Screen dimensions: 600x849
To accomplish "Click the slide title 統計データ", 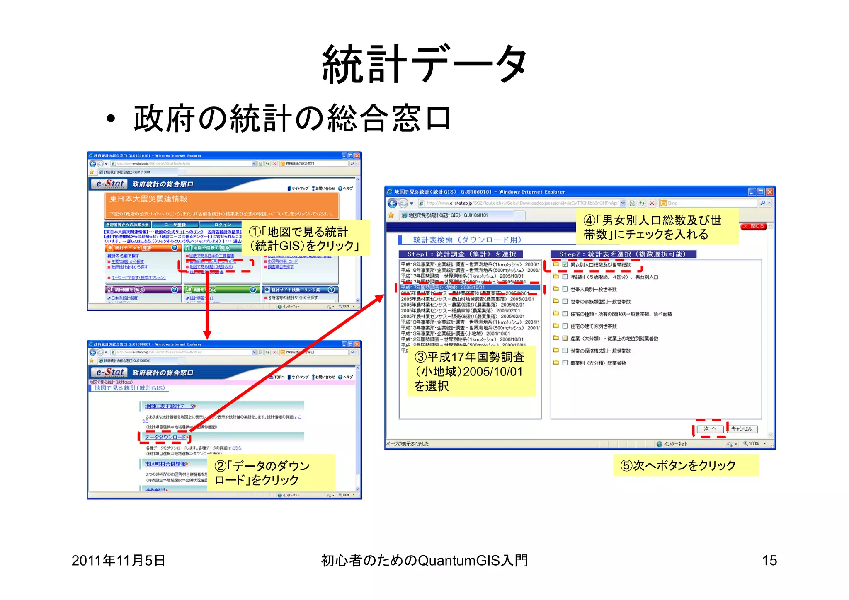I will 424,64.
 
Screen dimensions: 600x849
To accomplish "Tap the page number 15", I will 769,561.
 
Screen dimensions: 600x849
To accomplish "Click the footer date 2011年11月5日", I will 118,561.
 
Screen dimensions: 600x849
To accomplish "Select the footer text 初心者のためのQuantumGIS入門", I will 424,561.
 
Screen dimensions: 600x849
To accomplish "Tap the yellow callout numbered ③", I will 471,371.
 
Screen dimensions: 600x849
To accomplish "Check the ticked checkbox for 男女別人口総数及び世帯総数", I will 565,264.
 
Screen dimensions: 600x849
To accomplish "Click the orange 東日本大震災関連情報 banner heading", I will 148,199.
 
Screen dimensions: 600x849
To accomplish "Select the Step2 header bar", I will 623,254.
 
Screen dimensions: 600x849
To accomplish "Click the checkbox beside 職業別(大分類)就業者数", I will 565,363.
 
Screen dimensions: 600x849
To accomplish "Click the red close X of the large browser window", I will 770,192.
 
